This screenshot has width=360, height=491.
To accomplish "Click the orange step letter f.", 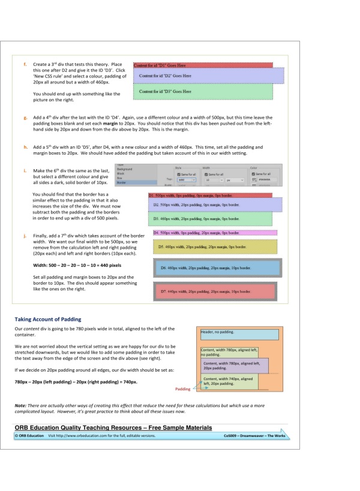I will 25,64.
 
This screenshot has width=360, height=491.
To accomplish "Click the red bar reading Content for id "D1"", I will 203,65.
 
